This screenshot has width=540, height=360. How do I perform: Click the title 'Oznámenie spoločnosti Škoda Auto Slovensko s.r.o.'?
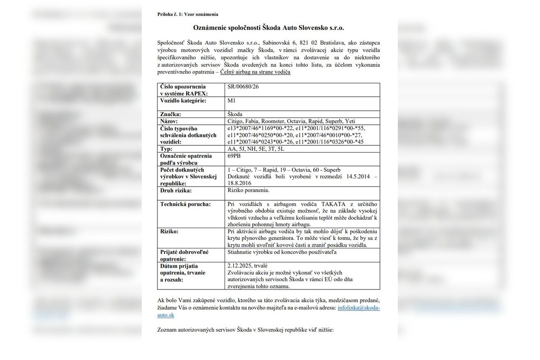(x=269, y=28)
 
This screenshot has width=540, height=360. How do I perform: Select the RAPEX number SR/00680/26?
(x=243, y=86)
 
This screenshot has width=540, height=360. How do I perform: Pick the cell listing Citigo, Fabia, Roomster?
(x=292, y=121)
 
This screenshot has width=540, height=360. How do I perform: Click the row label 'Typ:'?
(x=166, y=148)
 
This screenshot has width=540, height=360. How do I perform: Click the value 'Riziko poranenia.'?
(x=248, y=190)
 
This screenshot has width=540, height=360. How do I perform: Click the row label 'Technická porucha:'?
(x=185, y=204)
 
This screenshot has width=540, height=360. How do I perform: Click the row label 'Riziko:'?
(x=169, y=231)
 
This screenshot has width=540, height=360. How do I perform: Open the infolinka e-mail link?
(x=358, y=308)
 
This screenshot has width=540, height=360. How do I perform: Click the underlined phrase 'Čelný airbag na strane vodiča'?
(x=255, y=72)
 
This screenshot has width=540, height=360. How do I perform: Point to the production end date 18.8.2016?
(x=240, y=183)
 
